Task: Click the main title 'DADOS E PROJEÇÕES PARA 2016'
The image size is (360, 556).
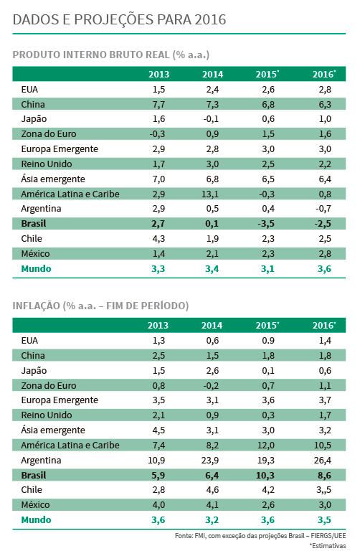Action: (119, 19)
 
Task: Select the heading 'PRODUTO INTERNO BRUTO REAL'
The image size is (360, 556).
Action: (91, 55)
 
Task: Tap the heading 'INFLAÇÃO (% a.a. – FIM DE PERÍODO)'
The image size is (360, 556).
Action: (100, 306)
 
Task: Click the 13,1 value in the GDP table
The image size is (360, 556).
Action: (210, 194)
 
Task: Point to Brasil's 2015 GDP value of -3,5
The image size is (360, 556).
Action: (266, 224)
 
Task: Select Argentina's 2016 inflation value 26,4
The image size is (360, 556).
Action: (323, 461)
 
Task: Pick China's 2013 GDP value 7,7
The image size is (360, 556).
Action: (158, 105)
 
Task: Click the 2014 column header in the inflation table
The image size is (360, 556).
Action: (212, 326)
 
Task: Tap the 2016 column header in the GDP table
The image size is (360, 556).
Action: (324, 75)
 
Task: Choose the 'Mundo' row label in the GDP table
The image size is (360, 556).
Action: (36, 269)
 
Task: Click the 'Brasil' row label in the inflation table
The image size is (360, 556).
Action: (34, 476)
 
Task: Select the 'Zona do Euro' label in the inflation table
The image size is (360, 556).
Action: (49, 386)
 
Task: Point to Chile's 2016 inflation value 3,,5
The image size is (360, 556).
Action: (324, 490)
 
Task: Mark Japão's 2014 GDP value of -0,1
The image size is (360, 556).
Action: (211, 119)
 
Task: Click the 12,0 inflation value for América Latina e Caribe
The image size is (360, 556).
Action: (266, 446)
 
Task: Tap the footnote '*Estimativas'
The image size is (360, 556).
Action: (328, 546)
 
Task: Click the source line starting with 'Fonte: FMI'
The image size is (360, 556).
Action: (260, 536)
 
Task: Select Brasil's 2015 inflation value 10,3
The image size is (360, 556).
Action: (265, 476)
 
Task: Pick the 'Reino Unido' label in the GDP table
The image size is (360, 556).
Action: (47, 164)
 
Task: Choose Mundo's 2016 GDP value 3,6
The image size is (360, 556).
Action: (325, 269)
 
